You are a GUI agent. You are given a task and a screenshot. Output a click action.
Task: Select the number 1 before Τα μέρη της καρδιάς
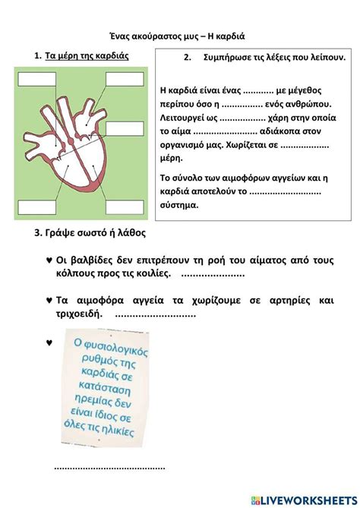click(36, 56)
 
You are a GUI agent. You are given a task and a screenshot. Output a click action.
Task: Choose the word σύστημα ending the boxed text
click(180, 205)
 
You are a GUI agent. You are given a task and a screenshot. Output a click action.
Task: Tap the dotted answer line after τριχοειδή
click(156, 314)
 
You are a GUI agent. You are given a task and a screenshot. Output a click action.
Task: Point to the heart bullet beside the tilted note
click(49, 342)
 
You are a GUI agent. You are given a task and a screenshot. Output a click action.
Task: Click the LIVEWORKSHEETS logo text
click(307, 497)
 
